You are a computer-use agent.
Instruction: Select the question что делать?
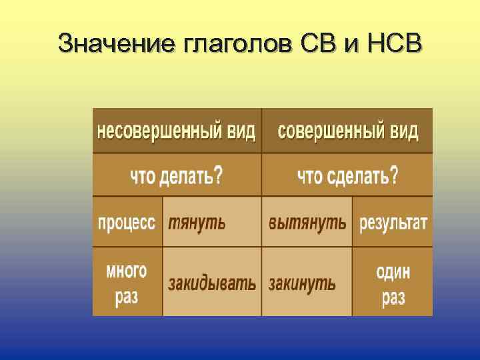(177, 176)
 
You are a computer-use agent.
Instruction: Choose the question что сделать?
(347, 176)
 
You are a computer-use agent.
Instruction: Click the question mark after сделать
(394, 175)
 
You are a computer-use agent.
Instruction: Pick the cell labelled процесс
(127, 222)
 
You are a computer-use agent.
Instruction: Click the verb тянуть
(197, 223)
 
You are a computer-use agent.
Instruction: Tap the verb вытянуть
(307, 223)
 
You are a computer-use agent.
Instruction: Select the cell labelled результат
(393, 223)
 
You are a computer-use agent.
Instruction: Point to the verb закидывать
(211, 283)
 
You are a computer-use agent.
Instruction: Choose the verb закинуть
(302, 283)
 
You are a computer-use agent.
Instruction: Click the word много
(127, 271)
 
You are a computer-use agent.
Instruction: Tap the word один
(393, 272)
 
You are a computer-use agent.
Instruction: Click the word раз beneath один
(393, 298)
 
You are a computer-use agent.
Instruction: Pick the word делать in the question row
(185, 176)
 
